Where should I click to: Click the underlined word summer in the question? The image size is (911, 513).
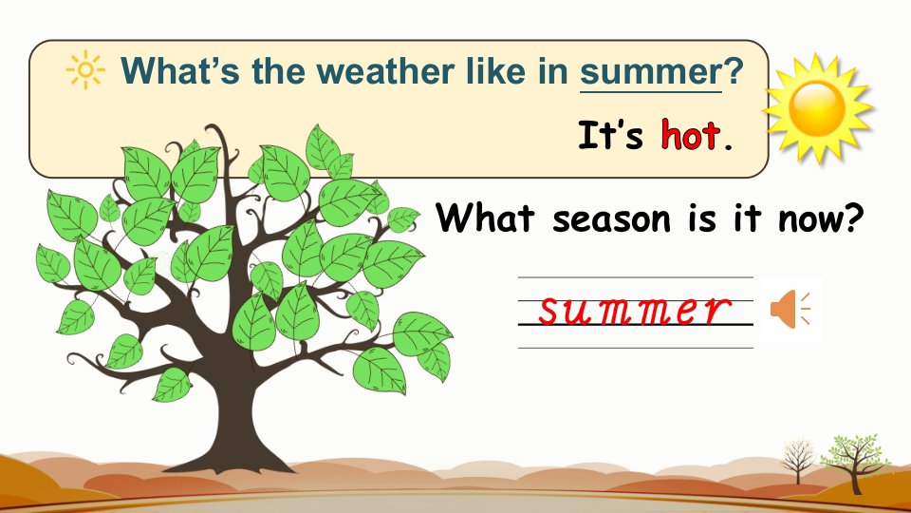[651, 71]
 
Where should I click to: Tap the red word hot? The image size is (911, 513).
[690, 135]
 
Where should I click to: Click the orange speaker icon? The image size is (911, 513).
[790, 310]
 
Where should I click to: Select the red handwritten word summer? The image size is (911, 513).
[635, 311]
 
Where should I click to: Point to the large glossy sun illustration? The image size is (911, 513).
[818, 108]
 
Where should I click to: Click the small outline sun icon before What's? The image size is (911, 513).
[85, 69]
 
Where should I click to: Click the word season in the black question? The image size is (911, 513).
[611, 219]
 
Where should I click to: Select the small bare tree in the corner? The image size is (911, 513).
[799, 460]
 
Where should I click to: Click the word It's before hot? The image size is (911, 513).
[610, 135]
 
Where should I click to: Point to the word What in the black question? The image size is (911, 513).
[485, 218]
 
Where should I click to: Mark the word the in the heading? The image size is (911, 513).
[278, 71]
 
